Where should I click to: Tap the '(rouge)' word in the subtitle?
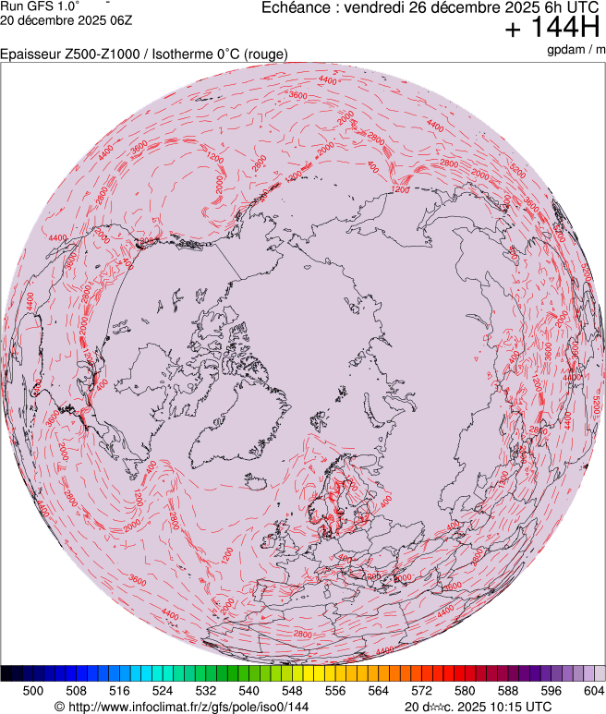click(267, 54)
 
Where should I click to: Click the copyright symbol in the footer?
click(59, 707)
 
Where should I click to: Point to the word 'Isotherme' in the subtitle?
click(180, 54)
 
